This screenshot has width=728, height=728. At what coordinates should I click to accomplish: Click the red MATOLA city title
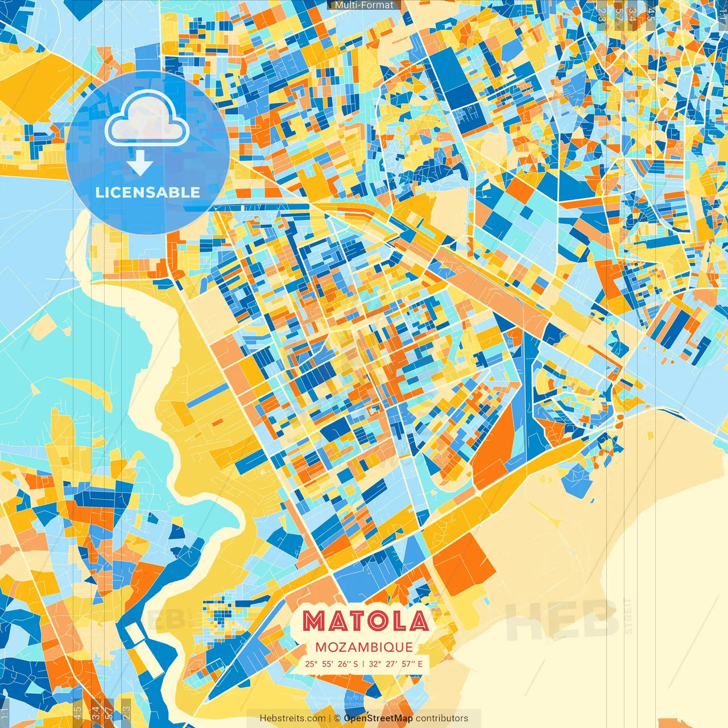(365, 621)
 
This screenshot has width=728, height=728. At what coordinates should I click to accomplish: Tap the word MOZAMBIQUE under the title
(364, 647)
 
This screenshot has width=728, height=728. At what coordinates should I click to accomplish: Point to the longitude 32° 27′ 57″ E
(396, 664)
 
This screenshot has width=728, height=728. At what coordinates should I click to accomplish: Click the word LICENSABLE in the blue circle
(148, 192)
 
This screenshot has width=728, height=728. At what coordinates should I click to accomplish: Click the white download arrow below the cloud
(140, 164)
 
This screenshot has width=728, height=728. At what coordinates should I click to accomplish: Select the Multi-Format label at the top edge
(364, 5)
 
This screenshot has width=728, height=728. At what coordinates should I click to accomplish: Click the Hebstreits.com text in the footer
(293, 718)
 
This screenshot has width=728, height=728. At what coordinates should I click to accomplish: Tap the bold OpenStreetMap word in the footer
(378, 718)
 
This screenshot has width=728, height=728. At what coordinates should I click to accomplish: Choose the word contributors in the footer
(442, 718)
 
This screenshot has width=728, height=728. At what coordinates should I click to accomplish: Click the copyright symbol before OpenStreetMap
(337, 718)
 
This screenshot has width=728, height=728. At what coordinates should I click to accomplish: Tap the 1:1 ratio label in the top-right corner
(722, 13)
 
